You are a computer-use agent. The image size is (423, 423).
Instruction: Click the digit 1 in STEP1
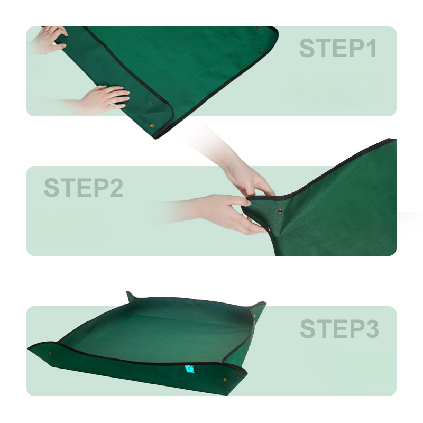pyautogui.click(x=372, y=48)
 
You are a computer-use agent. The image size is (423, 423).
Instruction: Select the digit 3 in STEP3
pyautogui.click(x=372, y=328)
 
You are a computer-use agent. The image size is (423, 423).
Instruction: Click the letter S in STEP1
pyautogui.click(x=307, y=48)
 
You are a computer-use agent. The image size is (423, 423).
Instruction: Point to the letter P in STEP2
pyautogui.click(x=102, y=188)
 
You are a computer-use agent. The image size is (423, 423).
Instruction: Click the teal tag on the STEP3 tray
pyautogui.click(x=189, y=369)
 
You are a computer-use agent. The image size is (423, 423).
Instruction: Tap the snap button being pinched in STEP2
pyautogui.click(x=280, y=212)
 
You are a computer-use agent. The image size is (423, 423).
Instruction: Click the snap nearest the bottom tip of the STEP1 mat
pyautogui.click(x=152, y=125)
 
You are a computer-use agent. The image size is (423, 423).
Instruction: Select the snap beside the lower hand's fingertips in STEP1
pyautogui.click(x=152, y=103)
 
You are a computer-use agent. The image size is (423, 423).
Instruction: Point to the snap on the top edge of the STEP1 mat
pyautogui.click(x=259, y=28)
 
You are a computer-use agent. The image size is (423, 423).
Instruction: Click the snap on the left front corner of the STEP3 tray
pyautogui.click(x=50, y=353)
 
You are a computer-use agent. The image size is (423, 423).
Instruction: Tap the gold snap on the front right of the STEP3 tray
pyautogui.click(x=224, y=379)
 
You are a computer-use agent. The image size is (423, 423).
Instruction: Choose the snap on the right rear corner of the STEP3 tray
pyautogui.click(x=254, y=315)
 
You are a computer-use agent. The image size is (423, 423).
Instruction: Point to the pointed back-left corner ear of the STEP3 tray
pyautogui.click(x=130, y=296)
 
